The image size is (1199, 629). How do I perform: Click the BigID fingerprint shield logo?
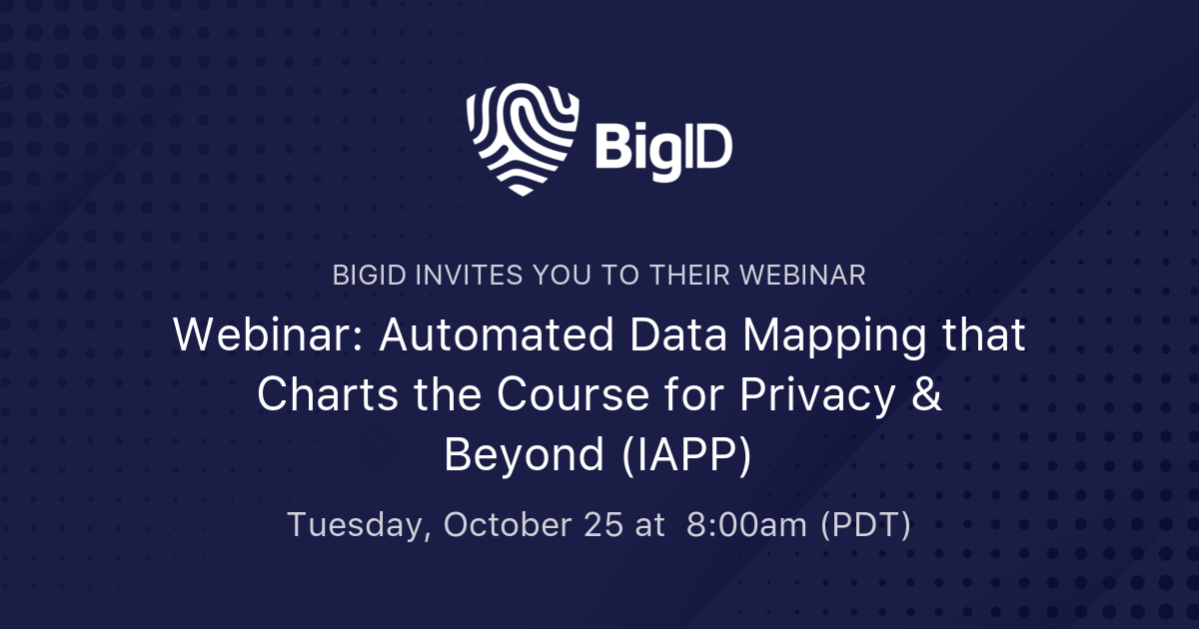pos(523,140)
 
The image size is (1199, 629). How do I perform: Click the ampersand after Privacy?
pos(927,395)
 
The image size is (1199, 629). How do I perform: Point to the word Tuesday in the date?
pos(357,525)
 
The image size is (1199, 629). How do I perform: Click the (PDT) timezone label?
pos(865,525)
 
